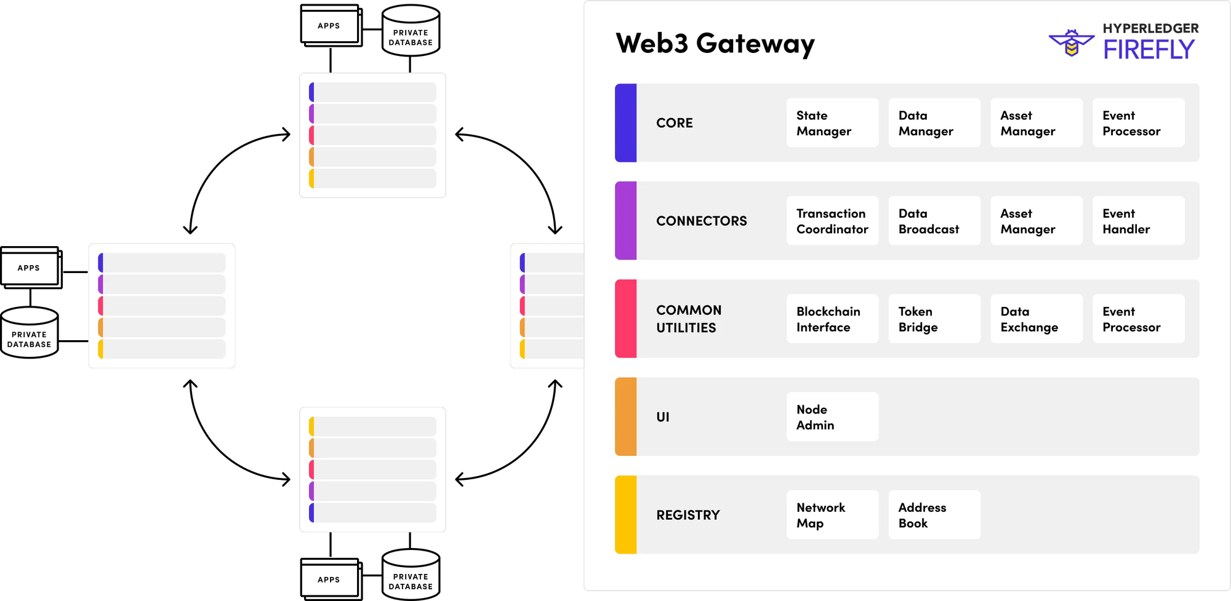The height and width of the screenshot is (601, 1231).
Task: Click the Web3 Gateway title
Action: (x=715, y=44)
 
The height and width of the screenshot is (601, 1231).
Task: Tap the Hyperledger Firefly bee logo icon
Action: (x=1071, y=43)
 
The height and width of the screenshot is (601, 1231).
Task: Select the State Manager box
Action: (x=832, y=123)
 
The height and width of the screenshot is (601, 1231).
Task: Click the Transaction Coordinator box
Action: (x=832, y=221)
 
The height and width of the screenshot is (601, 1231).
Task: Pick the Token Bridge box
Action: (x=934, y=319)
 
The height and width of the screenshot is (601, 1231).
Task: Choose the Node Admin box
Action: (x=832, y=417)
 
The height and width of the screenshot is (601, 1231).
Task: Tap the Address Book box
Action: (x=934, y=515)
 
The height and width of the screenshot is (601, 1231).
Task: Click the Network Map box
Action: (x=832, y=515)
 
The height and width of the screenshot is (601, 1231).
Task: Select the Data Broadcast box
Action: (x=934, y=221)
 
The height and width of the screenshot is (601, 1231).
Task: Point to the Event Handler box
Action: (x=1138, y=221)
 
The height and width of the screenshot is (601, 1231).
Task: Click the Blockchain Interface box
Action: (x=832, y=319)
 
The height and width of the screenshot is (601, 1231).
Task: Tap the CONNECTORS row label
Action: (x=701, y=221)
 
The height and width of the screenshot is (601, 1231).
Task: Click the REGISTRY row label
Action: (x=688, y=515)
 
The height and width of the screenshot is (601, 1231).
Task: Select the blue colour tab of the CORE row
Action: (x=625, y=123)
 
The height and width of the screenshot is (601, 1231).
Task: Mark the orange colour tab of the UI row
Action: (x=625, y=417)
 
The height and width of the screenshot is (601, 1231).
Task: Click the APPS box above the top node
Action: (x=329, y=26)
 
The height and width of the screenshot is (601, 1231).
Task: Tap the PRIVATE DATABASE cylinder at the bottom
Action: (x=411, y=575)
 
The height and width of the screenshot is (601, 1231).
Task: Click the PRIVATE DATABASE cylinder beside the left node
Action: (x=30, y=333)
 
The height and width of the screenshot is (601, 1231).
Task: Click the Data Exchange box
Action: (x=1036, y=319)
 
